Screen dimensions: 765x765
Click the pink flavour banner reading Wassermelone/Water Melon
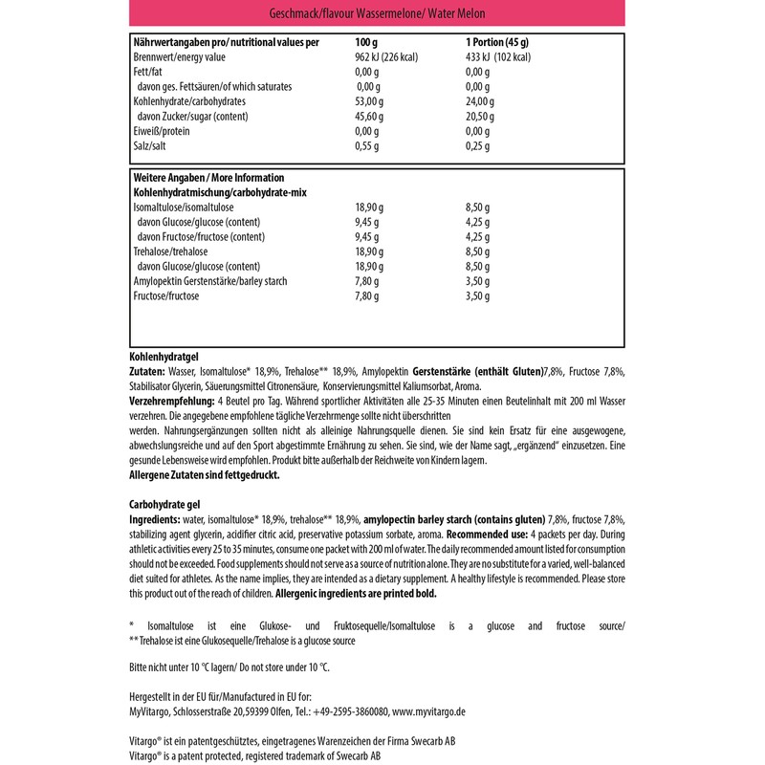coord(382,14)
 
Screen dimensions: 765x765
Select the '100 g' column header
coord(366,43)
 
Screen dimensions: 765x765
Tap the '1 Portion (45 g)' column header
coord(497,43)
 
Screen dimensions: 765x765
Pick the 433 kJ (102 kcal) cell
coord(498,57)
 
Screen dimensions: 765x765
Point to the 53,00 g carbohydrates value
coord(369,100)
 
